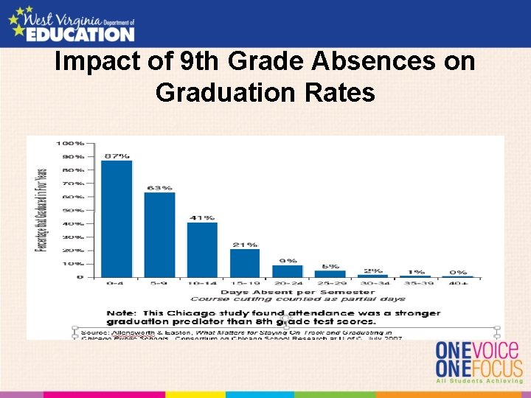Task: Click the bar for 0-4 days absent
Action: [117, 219]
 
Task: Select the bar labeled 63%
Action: [159, 234]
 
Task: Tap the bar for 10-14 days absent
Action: [202, 249]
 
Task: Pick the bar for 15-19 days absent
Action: [245, 262]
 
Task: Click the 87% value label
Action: [117, 156]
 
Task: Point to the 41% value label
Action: [203, 217]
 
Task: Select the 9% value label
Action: [288, 260]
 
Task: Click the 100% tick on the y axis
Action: [72, 143]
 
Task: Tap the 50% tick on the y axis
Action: [73, 210]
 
